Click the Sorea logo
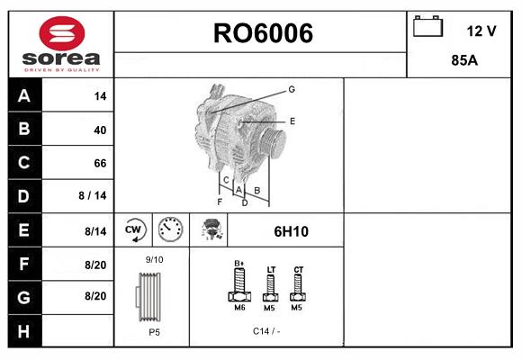[59, 45]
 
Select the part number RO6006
[262, 33]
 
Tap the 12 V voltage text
[481, 31]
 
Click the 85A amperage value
[463, 62]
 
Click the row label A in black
[23, 96]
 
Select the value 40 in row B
[100, 130]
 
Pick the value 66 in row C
[100, 163]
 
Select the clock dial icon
[170, 230]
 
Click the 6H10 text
[291, 231]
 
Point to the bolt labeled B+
[240, 288]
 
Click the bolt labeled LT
[271, 289]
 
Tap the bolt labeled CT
[299, 289]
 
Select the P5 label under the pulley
[154, 332]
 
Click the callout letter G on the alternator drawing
[292, 89]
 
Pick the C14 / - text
[265, 331]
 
